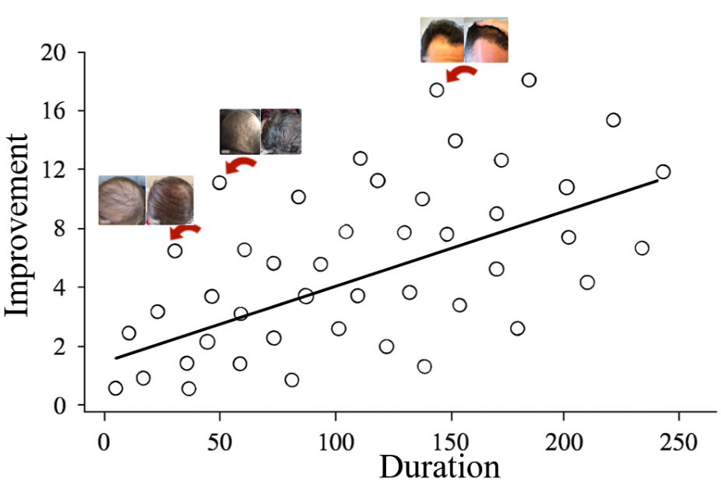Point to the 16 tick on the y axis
(x=65, y=111)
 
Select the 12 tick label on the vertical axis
(x=65, y=170)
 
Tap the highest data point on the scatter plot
(x=529, y=80)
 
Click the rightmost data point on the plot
(x=663, y=172)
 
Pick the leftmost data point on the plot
(x=115, y=388)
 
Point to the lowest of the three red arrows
(x=185, y=230)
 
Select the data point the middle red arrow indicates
(x=220, y=183)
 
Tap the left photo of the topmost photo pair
(x=441, y=40)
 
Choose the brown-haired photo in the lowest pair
(x=169, y=200)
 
